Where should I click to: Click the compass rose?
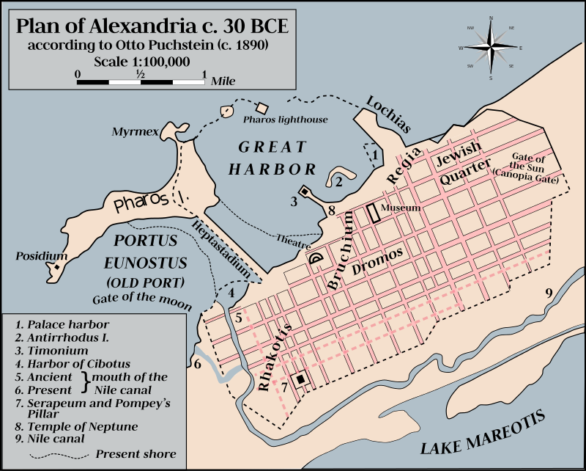coord(491,48)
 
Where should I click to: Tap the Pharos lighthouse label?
coord(285,119)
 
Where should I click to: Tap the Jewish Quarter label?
coord(461,164)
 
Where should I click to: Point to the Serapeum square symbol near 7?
coord(300,379)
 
